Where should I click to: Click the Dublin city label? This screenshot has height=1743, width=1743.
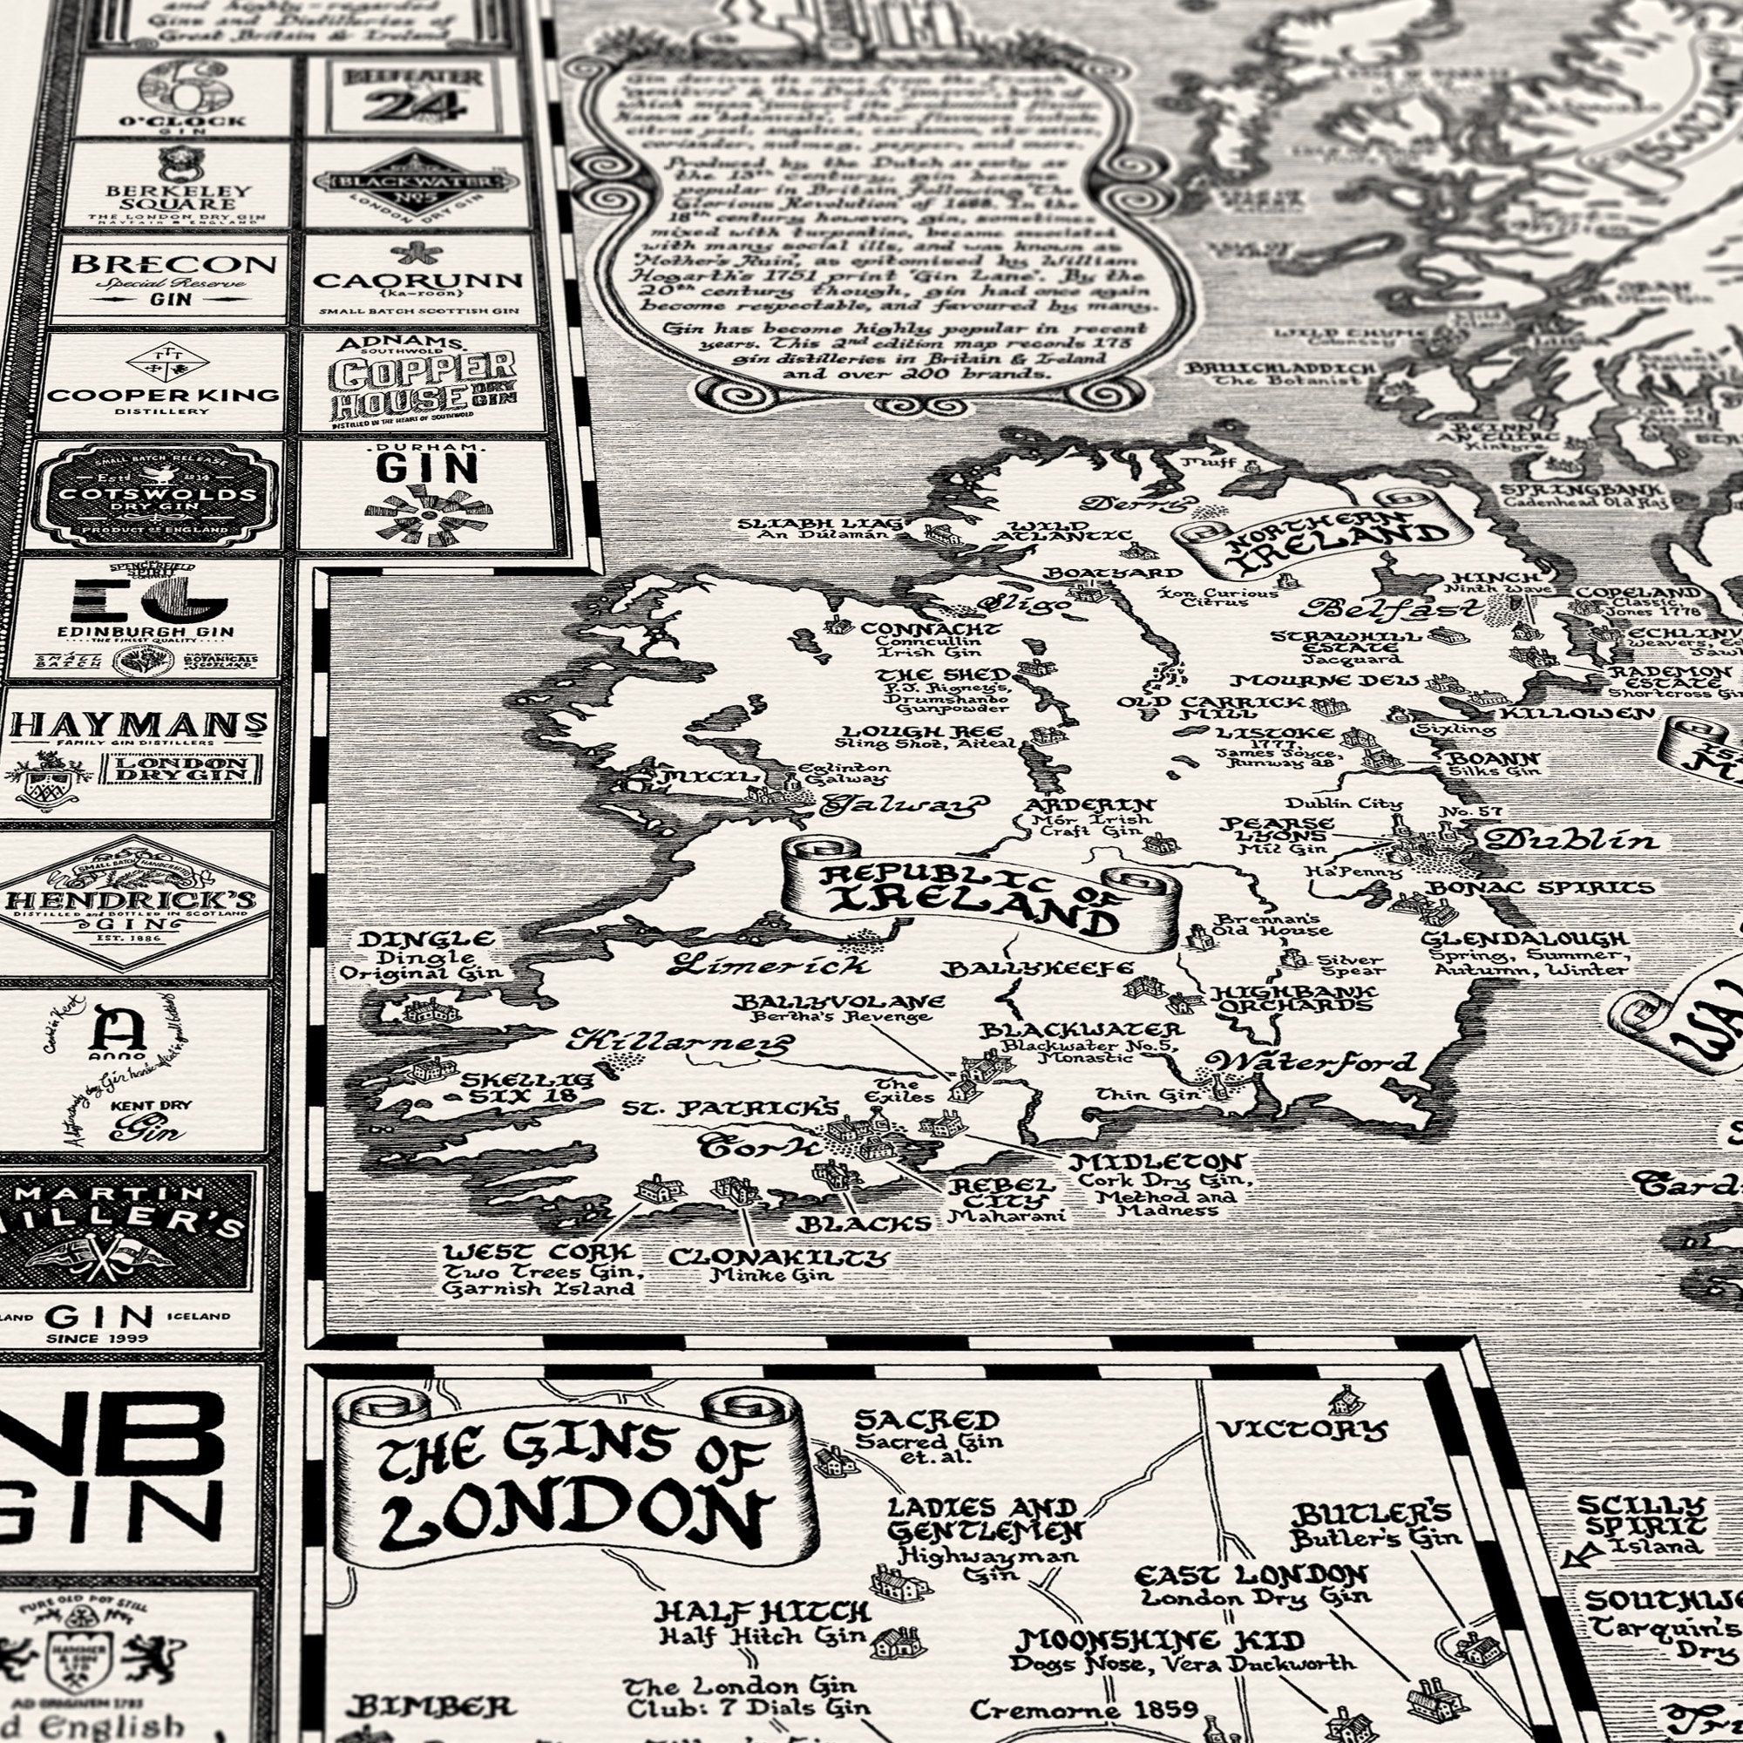click(x=1570, y=840)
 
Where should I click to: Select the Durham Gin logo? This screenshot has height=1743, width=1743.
click(x=426, y=495)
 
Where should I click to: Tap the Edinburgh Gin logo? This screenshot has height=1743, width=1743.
click(x=146, y=619)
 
